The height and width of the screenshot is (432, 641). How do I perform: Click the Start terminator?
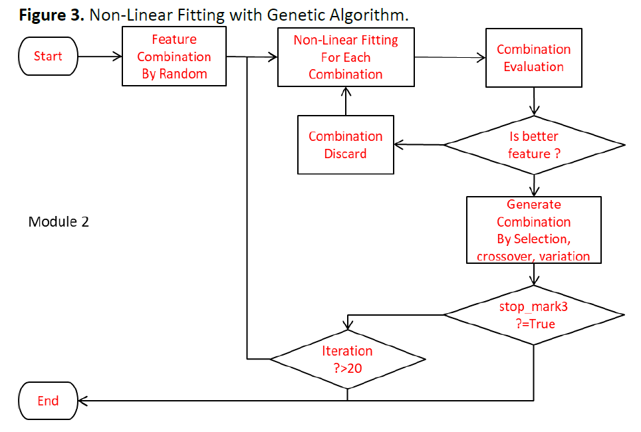[x=49, y=56]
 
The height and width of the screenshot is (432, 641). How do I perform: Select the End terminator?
[x=49, y=401]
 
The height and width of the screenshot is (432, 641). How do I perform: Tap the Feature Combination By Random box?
[x=174, y=56]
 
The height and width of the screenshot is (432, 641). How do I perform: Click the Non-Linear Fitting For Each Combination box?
[x=346, y=57]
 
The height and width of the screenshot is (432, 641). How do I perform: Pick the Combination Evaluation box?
[x=533, y=58]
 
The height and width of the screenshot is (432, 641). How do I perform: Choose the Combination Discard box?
[x=346, y=145]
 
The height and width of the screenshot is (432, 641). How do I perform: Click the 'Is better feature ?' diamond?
[x=534, y=145]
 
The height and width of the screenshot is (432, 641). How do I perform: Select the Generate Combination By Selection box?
[x=533, y=230]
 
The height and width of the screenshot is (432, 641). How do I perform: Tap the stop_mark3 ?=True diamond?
[x=534, y=315]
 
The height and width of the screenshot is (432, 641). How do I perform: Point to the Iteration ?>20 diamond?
[x=348, y=360]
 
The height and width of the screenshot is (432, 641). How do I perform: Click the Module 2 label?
[x=59, y=221]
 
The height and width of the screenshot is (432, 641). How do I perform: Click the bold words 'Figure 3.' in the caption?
[x=51, y=15]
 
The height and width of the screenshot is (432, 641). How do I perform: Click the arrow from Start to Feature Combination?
[x=100, y=56]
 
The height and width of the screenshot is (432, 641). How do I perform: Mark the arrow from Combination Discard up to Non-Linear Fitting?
[x=346, y=101]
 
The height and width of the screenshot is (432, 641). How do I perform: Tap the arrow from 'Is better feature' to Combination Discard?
[x=419, y=145]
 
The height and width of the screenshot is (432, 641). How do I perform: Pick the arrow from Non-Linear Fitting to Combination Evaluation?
[x=450, y=58]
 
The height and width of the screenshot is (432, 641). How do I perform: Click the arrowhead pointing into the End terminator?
[x=82, y=401]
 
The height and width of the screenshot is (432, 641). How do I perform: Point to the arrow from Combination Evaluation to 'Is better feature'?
[x=534, y=102]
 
